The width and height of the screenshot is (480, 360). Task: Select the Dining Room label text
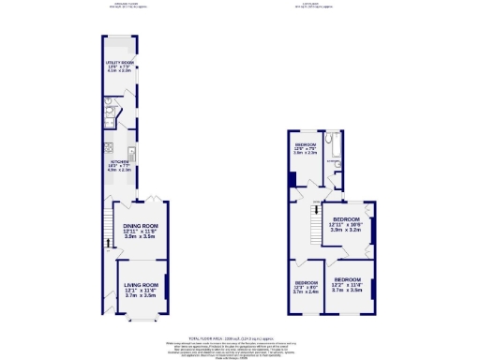point(138,226)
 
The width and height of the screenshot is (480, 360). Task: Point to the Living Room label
point(137,285)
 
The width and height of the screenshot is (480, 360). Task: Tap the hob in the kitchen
point(110,147)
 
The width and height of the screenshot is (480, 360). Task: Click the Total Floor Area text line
point(239,337)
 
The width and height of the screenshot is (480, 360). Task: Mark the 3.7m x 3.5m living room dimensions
point(137,295)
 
